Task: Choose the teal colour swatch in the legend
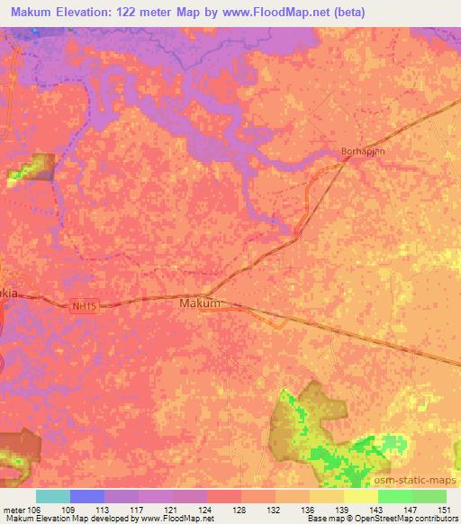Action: coord(52,496)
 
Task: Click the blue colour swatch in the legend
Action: coord(86,496)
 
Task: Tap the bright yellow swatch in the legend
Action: coord(360,496)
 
